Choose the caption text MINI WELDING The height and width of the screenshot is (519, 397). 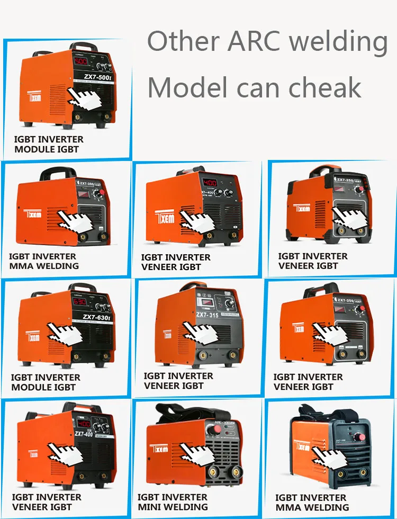tap(172, 507)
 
